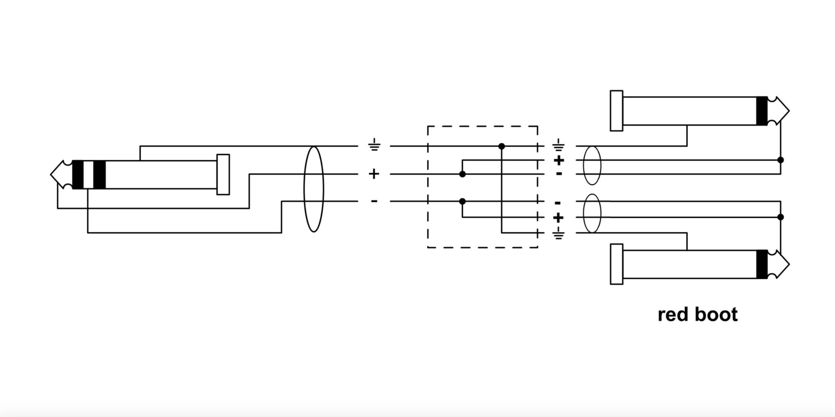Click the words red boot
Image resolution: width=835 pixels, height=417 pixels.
tap(698, 315)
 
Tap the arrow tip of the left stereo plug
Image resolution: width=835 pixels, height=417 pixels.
tap(51, 175)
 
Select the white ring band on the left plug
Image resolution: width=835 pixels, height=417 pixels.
tap(88, 175)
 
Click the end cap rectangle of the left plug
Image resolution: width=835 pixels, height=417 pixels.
tap(223, 175)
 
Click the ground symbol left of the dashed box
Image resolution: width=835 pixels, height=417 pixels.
tap(374, 145)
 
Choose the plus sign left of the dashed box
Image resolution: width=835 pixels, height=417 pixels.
tap(374, 174)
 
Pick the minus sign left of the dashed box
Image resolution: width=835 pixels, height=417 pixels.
tap(374, 201)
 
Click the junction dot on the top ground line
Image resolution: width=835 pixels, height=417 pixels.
tap(501, 146)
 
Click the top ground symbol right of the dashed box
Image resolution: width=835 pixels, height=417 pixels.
tap(558, 145)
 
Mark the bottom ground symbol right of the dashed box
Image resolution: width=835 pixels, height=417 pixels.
tap(558, 233)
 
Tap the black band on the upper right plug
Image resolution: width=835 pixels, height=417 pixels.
tap(762, 111)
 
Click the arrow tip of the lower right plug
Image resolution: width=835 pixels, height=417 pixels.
tap(789, 264)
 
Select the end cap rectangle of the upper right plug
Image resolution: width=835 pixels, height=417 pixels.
tap(617, 111)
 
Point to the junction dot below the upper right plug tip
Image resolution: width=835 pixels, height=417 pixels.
tap(781, 160)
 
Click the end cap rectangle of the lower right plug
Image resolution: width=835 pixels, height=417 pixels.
tap(617, 264)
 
